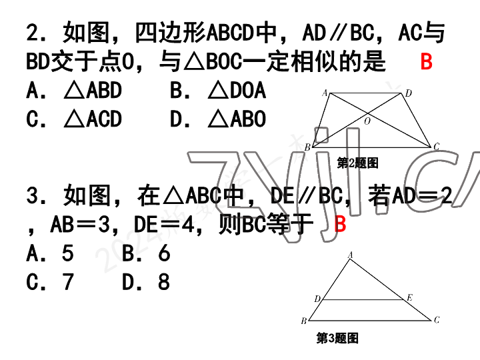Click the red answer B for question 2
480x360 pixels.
[427, 62]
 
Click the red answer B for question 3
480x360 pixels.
[340, 224]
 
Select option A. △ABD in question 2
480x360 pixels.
[74, 91]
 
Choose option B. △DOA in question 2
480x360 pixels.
[218, 91]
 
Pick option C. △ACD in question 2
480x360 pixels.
[74, 119]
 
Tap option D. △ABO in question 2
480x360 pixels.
[218, 119]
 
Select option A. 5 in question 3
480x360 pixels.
[50, 253]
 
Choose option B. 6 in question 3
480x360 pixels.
[147, 253]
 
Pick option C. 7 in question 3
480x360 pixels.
[50, 283]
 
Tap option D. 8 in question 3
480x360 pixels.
[147, 283]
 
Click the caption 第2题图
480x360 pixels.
[358, 163]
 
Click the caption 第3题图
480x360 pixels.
[337, 339]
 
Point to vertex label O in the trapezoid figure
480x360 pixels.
[367, 121]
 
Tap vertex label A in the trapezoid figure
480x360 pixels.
[325, 93]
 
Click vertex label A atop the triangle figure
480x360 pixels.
[351, 255]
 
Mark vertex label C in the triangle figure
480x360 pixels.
[437, 320]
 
